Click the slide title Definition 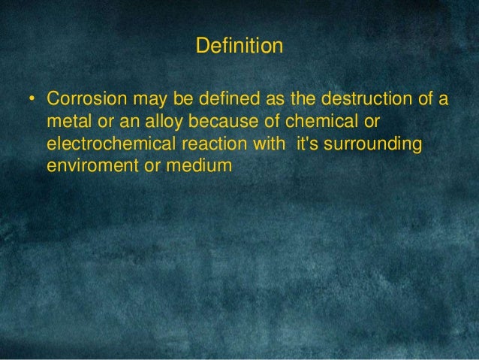click(x=239, y=47)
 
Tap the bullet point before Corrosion click(x=32, y=100)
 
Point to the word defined click(x=215, y=100)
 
